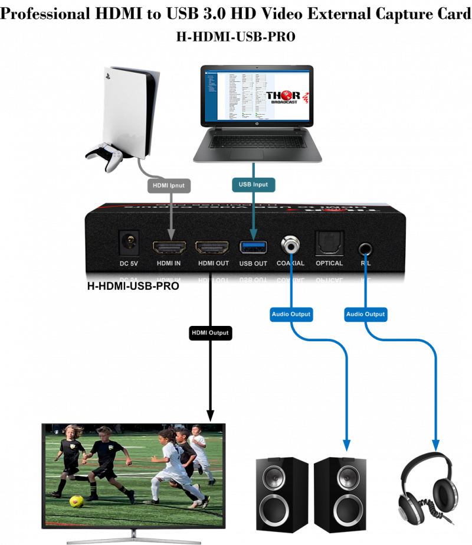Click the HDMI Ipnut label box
pyautogui.click(x=168, y=185)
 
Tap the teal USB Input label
pyautogui.click(x=253, y=185)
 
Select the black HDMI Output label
pyautogui.click(x=209, y=333)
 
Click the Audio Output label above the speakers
pyautogui.click(x=291, y=314)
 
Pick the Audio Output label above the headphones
pyautogui.click(x=366, y=314)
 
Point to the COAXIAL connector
pyautogui.click(x=290, y=243)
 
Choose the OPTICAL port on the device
pyautogui.click(x=329, y=243)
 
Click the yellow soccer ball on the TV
pyautogui.click(x=76, y=501)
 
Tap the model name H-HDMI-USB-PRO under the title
pyautogui.click(x=235, y=37)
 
